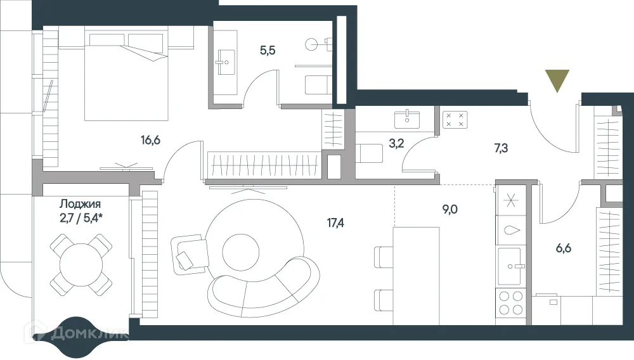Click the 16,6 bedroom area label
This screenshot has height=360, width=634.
tap(151, 139)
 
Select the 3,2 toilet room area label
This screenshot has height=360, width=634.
tap(396, 143)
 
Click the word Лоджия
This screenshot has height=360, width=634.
tap(81, 204)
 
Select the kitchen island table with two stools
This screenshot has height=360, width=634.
tap(415, 274)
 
